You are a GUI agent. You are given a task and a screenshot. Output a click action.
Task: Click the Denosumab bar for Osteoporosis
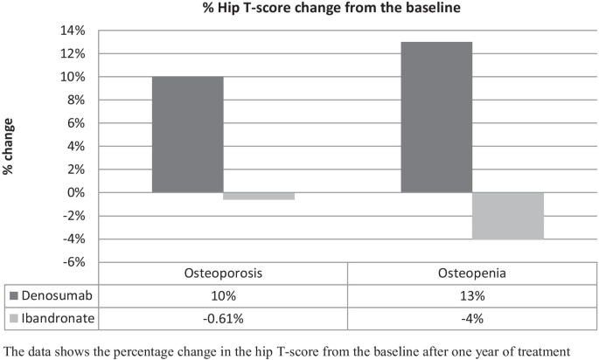pos(188,135)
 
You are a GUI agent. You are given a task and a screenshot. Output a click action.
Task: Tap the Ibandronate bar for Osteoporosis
pos(259,196)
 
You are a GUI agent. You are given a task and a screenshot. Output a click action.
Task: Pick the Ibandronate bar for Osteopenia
pos(508,215)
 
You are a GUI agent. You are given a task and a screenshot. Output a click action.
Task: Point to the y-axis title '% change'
pos(10,146)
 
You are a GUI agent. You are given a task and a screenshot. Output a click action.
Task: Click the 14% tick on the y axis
pos(73,31)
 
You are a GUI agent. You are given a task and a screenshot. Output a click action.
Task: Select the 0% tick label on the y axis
pos(76,192)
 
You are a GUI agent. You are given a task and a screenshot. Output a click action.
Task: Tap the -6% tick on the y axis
pos(74,262)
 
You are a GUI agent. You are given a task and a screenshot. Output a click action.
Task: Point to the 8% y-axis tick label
pos(76,100)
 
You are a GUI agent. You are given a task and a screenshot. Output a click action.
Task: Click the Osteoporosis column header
pos(223,273)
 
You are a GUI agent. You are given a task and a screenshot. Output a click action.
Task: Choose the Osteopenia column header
pos(473,273)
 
